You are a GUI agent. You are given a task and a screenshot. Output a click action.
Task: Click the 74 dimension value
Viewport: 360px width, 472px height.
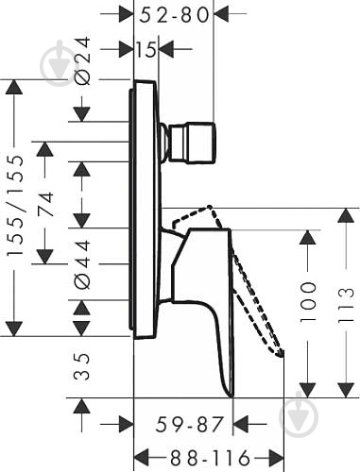[45, 204]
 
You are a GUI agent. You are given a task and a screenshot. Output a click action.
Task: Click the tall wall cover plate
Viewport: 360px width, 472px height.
[145, 208]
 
